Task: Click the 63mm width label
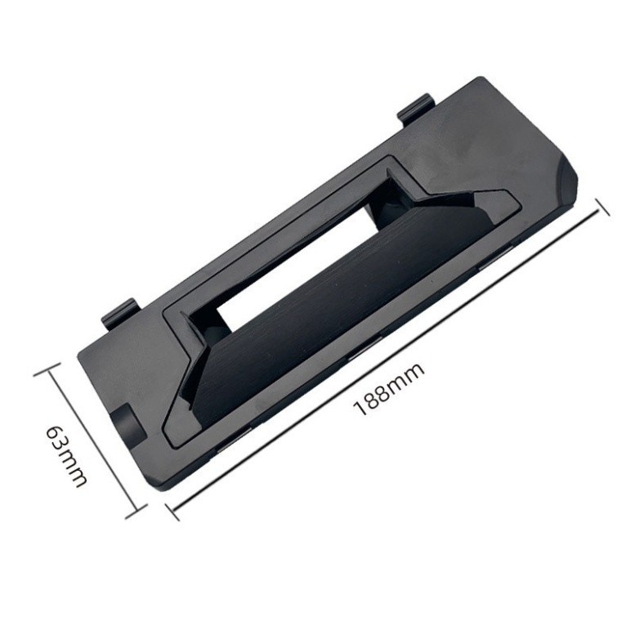pyautogui.click(x=66, y=456)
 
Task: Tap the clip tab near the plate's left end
pyautogui.click(x=120, y=313)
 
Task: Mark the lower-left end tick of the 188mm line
pyautogui.click(x=172, y=512)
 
